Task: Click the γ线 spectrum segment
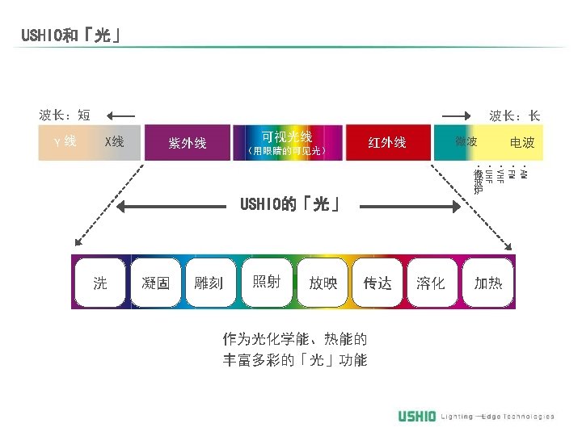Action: tap(65, 142)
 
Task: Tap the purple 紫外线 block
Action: tap(187, 143)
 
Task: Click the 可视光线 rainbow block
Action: tap(287, 142)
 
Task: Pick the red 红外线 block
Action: tap(387, 143)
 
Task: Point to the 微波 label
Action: tap(466, 142)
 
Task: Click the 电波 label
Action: tap(522, 143)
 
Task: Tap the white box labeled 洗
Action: tap(99, 283)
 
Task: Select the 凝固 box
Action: tap(155, 283)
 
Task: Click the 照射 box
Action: tap(267, 282)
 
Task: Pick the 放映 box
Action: tap(323, 283)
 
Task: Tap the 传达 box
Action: tap(377, 283)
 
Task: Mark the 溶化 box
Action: tap(431, 283)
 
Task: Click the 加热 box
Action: tap(488, 283)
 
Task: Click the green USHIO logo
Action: tap(417, 416)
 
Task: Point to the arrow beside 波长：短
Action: tap(120, 115)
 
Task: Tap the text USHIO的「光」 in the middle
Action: tap(288, 205)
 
